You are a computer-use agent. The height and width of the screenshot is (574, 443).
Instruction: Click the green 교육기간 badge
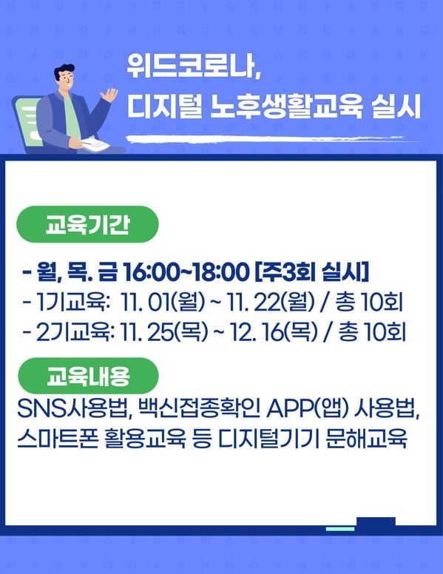point(87,224)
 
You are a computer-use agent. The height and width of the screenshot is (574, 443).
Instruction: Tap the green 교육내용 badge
point(88,376)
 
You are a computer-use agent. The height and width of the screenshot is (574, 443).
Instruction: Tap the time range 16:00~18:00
point(186,273)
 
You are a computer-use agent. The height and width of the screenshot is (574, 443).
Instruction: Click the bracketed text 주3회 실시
point(311,272)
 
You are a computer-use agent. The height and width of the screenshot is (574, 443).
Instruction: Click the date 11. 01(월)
point(163,303)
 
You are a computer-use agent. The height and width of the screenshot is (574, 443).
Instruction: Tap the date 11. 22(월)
point(271,303)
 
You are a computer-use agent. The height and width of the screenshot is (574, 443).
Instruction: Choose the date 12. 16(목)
point(274,333)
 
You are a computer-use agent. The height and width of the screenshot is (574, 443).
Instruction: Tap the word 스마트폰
point(58,439)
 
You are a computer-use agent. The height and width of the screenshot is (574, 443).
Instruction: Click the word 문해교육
point(366,439)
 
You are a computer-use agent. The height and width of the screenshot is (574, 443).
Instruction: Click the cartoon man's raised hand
point(109,95)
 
